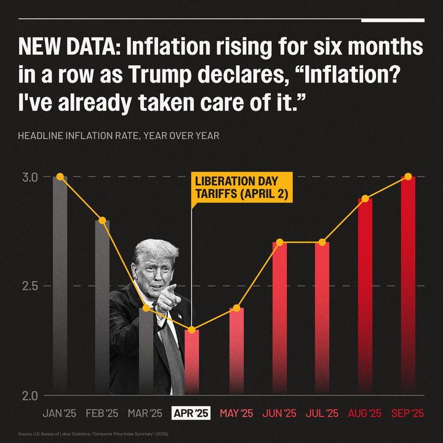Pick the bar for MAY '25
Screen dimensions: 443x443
237,351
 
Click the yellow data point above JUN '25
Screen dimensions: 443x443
280,242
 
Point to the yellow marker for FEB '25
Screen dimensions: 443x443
103,220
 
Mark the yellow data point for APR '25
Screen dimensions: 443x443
192,330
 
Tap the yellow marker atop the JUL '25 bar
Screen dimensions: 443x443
322,242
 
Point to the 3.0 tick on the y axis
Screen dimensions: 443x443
31,177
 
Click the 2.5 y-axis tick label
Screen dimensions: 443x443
31,286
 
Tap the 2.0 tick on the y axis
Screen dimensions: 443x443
31,396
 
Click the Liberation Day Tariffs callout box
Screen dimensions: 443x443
242,188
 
